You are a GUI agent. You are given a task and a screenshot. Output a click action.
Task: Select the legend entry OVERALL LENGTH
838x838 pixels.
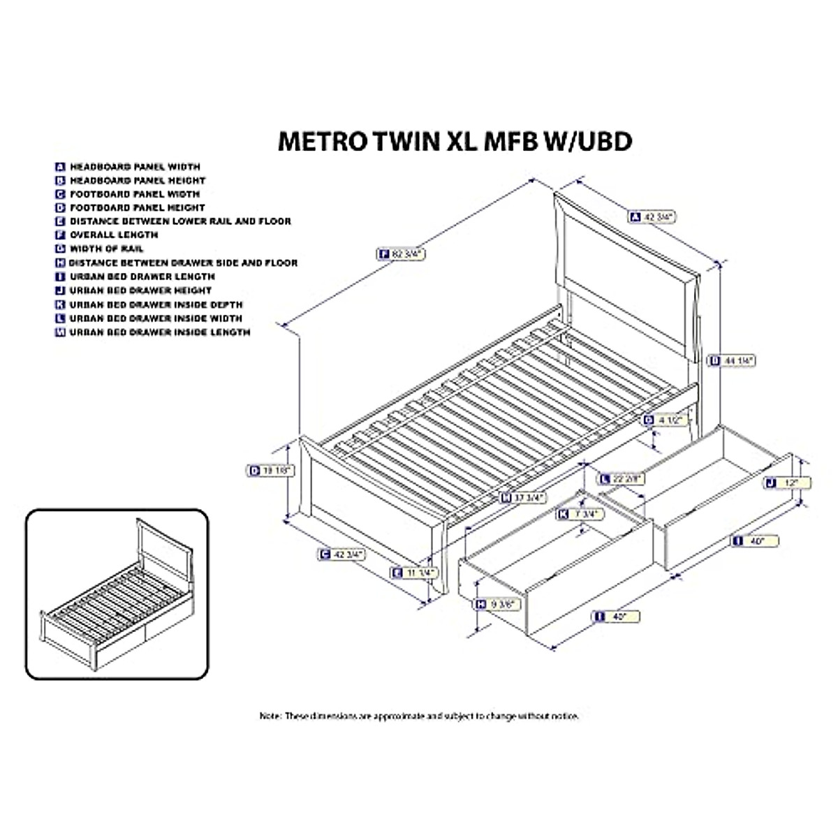[x=113, y=235]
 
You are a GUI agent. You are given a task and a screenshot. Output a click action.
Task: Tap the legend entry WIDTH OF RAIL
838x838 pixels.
[x=106, y=249]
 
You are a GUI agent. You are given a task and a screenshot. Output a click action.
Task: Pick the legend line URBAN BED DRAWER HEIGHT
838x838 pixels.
[x=140, y=290]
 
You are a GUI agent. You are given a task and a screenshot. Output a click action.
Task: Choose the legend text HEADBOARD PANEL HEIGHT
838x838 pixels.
[x=137, y=180]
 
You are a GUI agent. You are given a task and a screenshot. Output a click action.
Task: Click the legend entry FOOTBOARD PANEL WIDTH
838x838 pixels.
[x=134, y=194]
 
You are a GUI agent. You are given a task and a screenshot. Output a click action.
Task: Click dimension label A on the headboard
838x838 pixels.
[x=635, y=217]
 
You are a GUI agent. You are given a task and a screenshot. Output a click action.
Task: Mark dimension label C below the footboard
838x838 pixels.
[x=324, y=554]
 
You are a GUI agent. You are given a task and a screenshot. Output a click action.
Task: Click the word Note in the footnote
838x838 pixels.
[x=271, y=716]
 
